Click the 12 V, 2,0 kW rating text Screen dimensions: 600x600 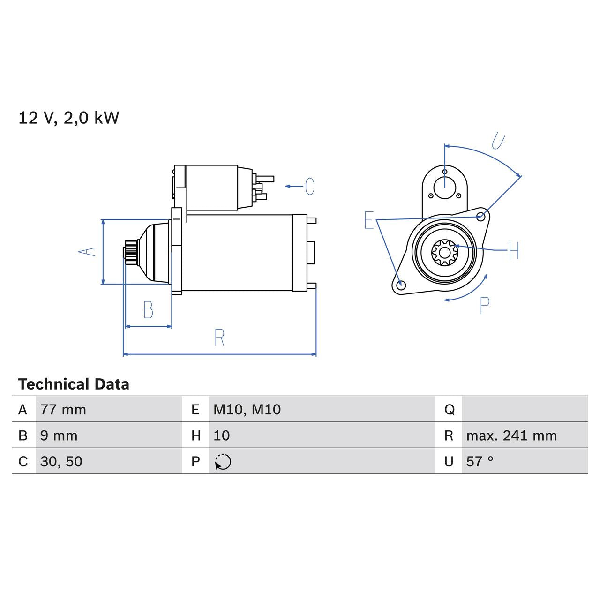[68, 118]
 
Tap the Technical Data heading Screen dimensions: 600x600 [74, 384]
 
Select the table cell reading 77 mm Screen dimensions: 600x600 [63, 410]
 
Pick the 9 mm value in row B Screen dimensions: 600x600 [59, 435]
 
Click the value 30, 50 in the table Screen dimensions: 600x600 [61, 462]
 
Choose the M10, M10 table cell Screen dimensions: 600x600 [247, 410]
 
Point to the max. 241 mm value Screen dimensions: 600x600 [511, 435]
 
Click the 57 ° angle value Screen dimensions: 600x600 [480, 462]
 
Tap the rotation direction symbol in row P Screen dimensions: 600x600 [223, 462]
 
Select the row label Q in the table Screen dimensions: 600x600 [449, 410]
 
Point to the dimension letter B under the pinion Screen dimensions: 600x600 [148, 310]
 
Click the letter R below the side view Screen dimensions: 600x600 [219, 337]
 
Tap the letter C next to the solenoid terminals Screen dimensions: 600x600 [309, 187]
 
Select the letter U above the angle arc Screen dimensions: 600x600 [498, 141]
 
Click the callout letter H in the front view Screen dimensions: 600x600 [514, 250]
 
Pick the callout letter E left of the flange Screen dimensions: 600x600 [369, 220]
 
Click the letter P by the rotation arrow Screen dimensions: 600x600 [485, 306]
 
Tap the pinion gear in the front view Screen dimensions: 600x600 [444, 252]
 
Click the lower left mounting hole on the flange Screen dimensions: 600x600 [400, 285]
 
